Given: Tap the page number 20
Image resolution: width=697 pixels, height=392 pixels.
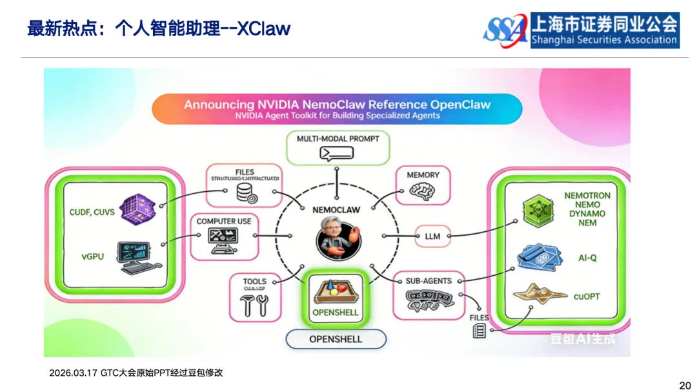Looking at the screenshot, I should point(685,386).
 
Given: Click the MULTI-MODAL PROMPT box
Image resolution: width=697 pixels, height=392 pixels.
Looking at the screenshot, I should point(338,147).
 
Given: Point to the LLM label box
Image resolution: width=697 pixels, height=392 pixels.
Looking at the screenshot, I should point(432,236).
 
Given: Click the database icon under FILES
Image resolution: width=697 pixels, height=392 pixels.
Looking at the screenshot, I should point(247,192).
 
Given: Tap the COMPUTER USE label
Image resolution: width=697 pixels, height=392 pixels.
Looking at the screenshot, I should point(224,222).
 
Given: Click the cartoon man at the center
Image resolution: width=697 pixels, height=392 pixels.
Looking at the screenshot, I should point(338,238).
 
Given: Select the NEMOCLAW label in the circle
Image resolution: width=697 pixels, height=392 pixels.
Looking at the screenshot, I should point(336,210).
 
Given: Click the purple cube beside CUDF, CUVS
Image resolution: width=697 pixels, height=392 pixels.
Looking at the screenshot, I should point(138,210).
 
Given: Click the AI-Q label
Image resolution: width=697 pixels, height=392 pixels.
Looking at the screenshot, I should point(587,258).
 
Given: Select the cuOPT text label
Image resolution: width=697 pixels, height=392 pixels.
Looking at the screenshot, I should point(587,296).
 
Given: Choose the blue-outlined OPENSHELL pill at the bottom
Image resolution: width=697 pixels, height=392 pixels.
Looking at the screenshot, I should point(336,339).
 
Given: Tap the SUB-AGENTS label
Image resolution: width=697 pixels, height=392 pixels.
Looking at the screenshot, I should point(429,281).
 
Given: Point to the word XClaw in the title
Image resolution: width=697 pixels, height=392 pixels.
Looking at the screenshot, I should point(264,29).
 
